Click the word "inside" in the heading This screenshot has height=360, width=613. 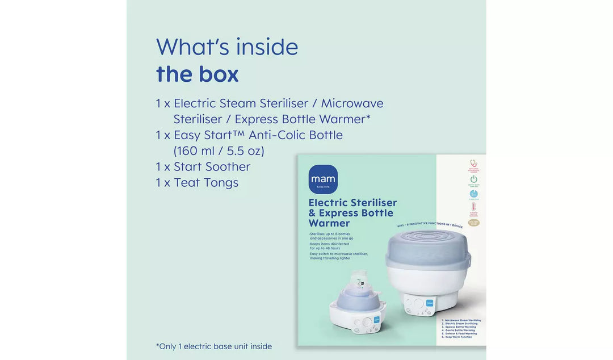[x=267, y=47]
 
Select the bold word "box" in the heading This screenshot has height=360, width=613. [x=219, y=74]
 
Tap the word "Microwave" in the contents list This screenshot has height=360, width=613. [x=352, y=103]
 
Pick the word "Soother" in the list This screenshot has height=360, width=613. [x=228, y=167]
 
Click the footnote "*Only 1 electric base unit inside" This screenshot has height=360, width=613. [x=214, y=346]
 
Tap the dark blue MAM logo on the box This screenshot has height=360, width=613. [x=323, y=179]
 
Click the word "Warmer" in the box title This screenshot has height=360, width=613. [x=329, y=223]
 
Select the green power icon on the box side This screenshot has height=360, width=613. [x=473, y=179]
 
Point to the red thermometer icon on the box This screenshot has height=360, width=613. [x=473, y=208]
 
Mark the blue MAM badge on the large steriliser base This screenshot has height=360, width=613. [x=429, y=303]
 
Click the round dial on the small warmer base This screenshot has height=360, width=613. [x=367, y=321]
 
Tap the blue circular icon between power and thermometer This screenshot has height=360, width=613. [x=473, y=194]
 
